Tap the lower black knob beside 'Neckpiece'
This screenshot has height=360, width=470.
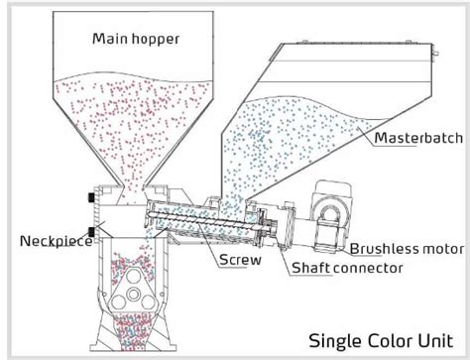point(90,234)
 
